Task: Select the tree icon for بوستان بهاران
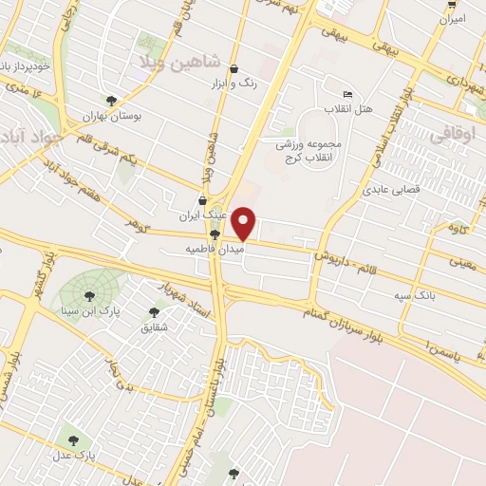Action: point(113,100)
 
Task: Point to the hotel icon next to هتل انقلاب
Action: point(347,94)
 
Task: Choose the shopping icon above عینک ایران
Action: point(202,200)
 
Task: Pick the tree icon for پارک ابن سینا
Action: point(93,293)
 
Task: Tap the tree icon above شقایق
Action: point(155,312)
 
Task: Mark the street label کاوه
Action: point(459,230)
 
